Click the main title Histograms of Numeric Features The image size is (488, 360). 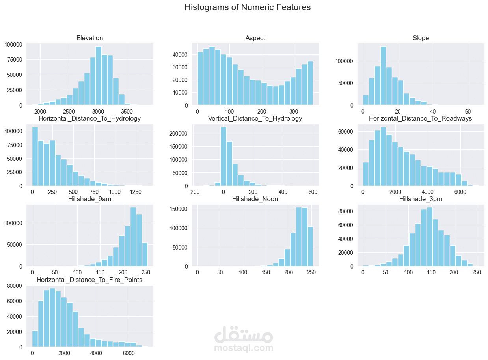click(x=247, y=7)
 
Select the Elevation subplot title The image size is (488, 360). click(x=89, y=38)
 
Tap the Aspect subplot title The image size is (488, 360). click(x=255, y=38)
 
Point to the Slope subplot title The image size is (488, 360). click(x=421, y=38)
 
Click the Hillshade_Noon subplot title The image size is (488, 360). click(x=255, y=199)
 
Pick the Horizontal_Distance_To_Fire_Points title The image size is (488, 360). click(x=89, y=280)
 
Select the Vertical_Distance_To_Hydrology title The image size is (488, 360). click(x=255, y=119)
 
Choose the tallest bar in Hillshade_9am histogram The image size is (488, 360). click(x=133, y=237)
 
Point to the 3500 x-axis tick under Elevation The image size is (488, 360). click(x=127, y=112)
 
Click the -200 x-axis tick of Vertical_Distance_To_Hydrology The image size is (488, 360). click(x=193, y=192)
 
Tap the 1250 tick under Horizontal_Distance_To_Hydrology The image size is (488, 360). click(x=136, y=192)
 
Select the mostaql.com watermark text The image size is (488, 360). click(x=244, y=348)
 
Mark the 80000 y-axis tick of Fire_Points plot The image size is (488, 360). click(x=16, y=286)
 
